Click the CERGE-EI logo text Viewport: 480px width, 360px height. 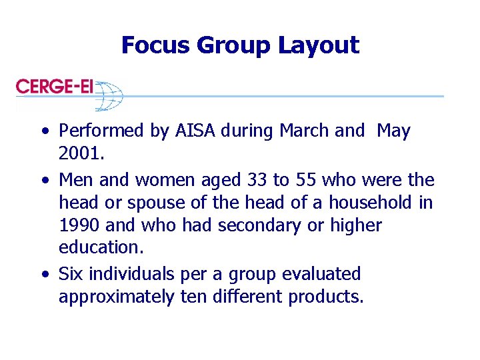click(x=55, y=87)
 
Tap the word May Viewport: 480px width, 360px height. click(x=393, y=131)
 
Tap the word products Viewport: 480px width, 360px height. click(x=326, y=297)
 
